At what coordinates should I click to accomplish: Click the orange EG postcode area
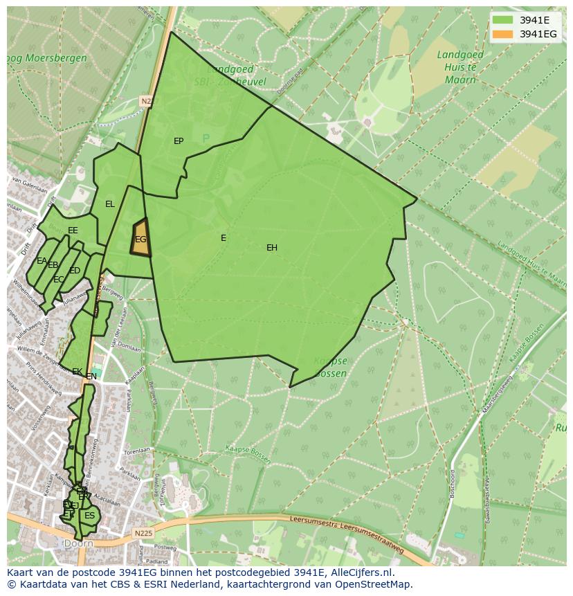point(140,238)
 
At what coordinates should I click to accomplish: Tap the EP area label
point(179,141)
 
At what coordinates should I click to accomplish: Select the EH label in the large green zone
point(272,248)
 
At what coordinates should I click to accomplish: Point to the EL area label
point(110,204)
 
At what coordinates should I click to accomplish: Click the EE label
point(73,231)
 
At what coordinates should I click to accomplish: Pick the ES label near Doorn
point(89,516)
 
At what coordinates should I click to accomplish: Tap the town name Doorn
point(78,544)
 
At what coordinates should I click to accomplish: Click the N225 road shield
point(143,533)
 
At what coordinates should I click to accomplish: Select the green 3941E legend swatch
point(502,19)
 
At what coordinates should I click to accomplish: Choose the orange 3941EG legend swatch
point(502,34)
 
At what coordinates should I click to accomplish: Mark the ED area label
point(75,271)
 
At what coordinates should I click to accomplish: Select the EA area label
point(42,261)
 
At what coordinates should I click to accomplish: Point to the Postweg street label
point(166,547)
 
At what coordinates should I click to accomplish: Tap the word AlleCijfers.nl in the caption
point(360,572)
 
